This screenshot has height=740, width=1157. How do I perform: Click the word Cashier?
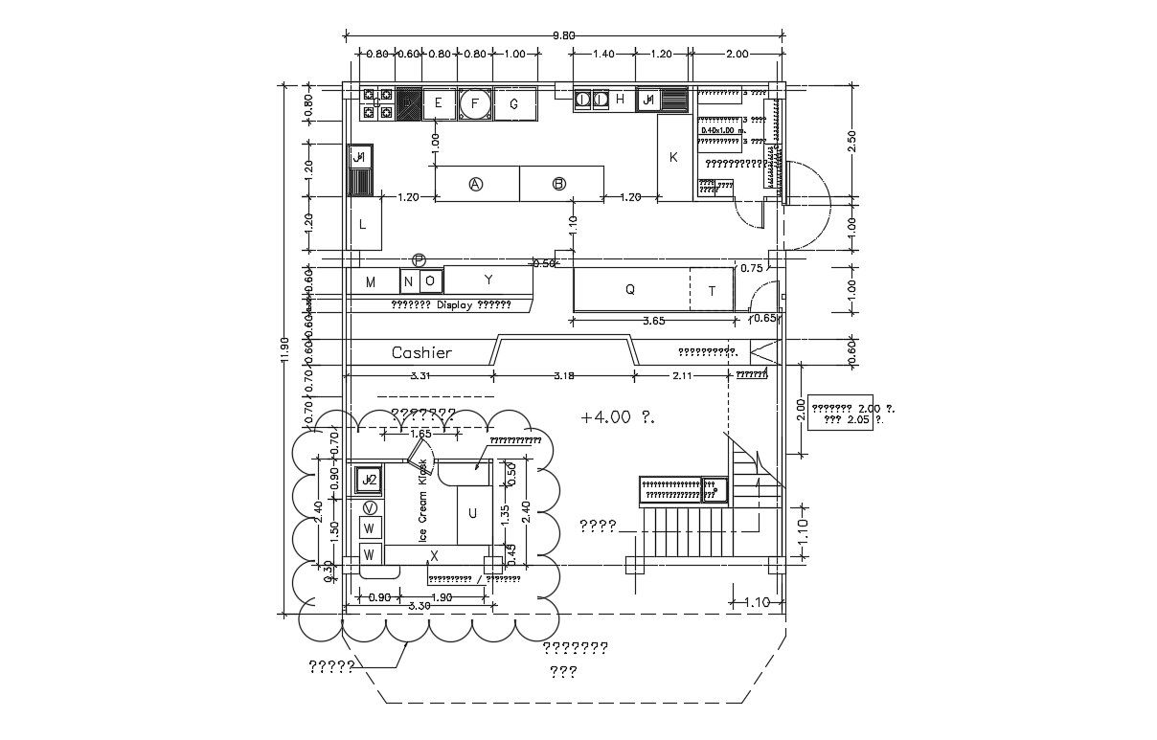point(421,352)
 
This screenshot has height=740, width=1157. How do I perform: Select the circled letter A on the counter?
point(476,184)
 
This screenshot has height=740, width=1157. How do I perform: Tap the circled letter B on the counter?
point(559,184)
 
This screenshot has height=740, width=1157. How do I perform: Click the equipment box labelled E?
point(438,103)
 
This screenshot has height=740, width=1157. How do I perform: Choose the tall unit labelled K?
point(673,157)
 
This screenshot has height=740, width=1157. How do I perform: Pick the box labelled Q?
point(629,290)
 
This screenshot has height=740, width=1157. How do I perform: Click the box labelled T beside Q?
point(712,291)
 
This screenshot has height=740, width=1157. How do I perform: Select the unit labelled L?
point(363,225)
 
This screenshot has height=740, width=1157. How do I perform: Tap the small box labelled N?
point(408,281)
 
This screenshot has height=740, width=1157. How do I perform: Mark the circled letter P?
point(419,259)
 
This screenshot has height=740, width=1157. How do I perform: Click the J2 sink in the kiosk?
point(369,479)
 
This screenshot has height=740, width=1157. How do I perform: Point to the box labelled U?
point(472,514)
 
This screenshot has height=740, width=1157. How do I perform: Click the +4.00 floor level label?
point(617,416)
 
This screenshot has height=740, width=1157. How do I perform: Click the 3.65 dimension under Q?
point(652,321)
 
